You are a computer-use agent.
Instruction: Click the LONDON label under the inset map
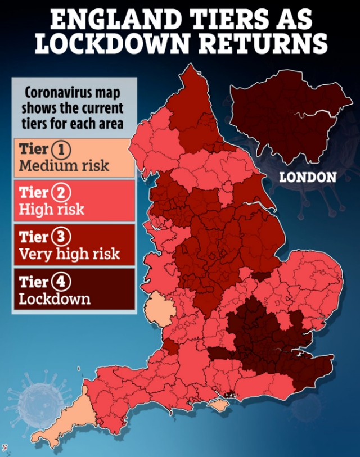(308, 178)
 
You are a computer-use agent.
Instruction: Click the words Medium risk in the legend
(64, 166)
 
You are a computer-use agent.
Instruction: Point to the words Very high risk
(69, 254)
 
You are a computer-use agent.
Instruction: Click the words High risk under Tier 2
(52, 210)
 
